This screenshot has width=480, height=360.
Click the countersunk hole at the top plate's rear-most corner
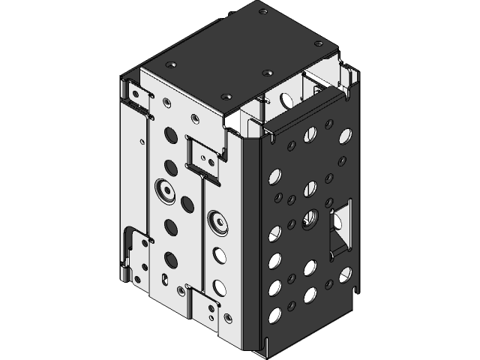pyautogui.click(x=262, y=10)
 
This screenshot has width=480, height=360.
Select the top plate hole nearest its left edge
pyautogui.click(x=172, y=65)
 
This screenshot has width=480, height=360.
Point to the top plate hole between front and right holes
pyautogui.click(x=268, y=73)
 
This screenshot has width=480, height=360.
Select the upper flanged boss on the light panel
pyautogui.click(x=165, y=188)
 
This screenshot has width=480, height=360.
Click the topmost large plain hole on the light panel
pyautogui.click(x=170, y=136)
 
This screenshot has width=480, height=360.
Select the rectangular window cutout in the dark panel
pyautogui.click(x=340, y=225)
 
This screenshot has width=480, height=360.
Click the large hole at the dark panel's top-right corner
pyautogui.click(x=345, y=136)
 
